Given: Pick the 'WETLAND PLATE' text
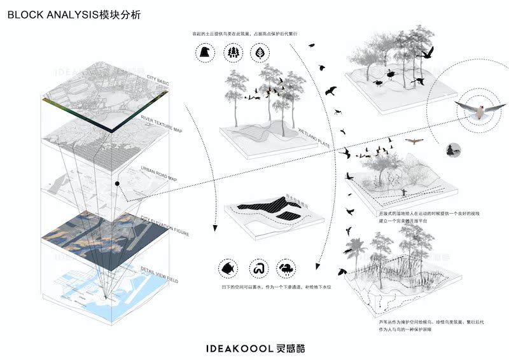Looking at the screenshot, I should click(x=312, y=133).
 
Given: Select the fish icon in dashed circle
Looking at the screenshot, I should click(x=226, y=268).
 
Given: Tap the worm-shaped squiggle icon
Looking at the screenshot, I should click(x=257, y=268).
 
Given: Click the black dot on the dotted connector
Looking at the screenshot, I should click(x=118, y=184).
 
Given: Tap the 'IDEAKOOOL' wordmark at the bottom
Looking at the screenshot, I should click(x=239, y=347).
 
